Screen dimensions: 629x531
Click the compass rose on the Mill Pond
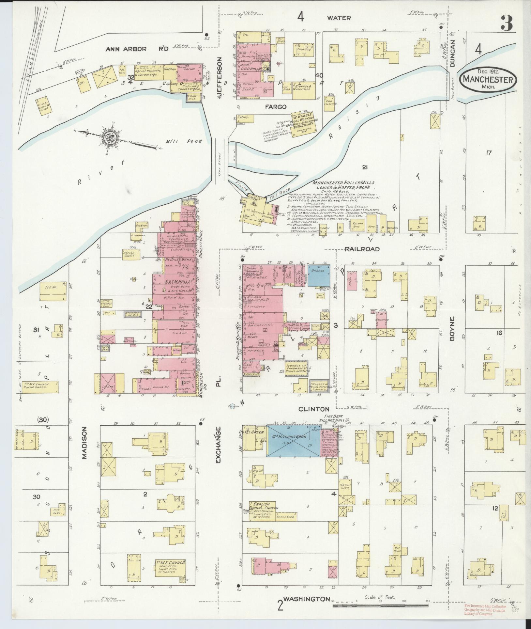108,139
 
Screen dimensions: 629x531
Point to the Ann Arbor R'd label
137,49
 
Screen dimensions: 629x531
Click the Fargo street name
275,107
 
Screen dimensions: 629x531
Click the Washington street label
306,599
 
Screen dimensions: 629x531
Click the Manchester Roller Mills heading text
343,182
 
